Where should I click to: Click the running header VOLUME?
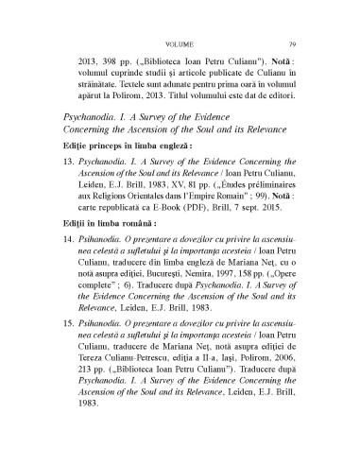[x=179, y=16]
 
